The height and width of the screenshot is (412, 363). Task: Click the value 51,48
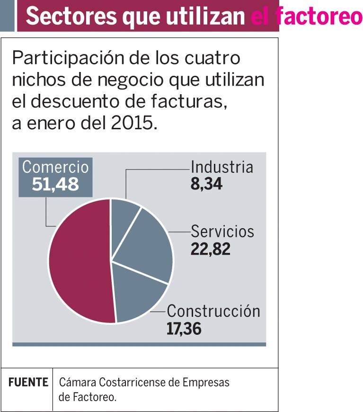pos(55,185)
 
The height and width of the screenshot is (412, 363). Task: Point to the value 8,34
pos(206,184)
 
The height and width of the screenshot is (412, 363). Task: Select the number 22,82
pos(211,249)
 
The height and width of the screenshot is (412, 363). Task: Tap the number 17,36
pos(184,329)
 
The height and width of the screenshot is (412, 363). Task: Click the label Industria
pos(221,167)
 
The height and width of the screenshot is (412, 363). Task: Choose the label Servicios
pos(222,232)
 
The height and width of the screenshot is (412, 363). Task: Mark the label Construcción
pos(213,311)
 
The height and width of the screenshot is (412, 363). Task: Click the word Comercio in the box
pos(55,167)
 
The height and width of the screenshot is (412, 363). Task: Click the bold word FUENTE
pos(28,382)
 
